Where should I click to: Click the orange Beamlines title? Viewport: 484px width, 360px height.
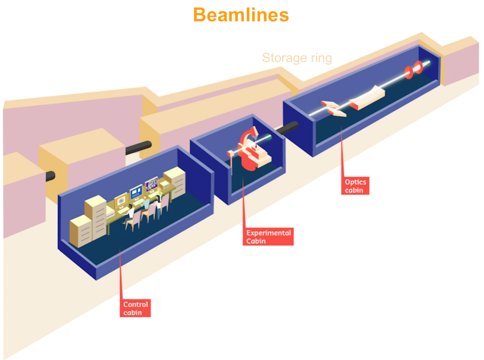click(241, 14)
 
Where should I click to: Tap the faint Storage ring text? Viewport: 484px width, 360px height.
click(297, 58)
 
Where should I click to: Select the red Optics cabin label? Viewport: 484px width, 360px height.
click(356, 186)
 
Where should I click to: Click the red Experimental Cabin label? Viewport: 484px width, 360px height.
click(269, 236)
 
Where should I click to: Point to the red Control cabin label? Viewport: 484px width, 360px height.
click(136, 308)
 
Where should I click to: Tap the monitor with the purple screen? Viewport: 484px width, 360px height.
click(152, 184)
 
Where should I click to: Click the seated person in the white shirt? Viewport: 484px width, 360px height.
click(144, 204)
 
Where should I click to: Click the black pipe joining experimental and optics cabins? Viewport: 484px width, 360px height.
click(286, 128)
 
